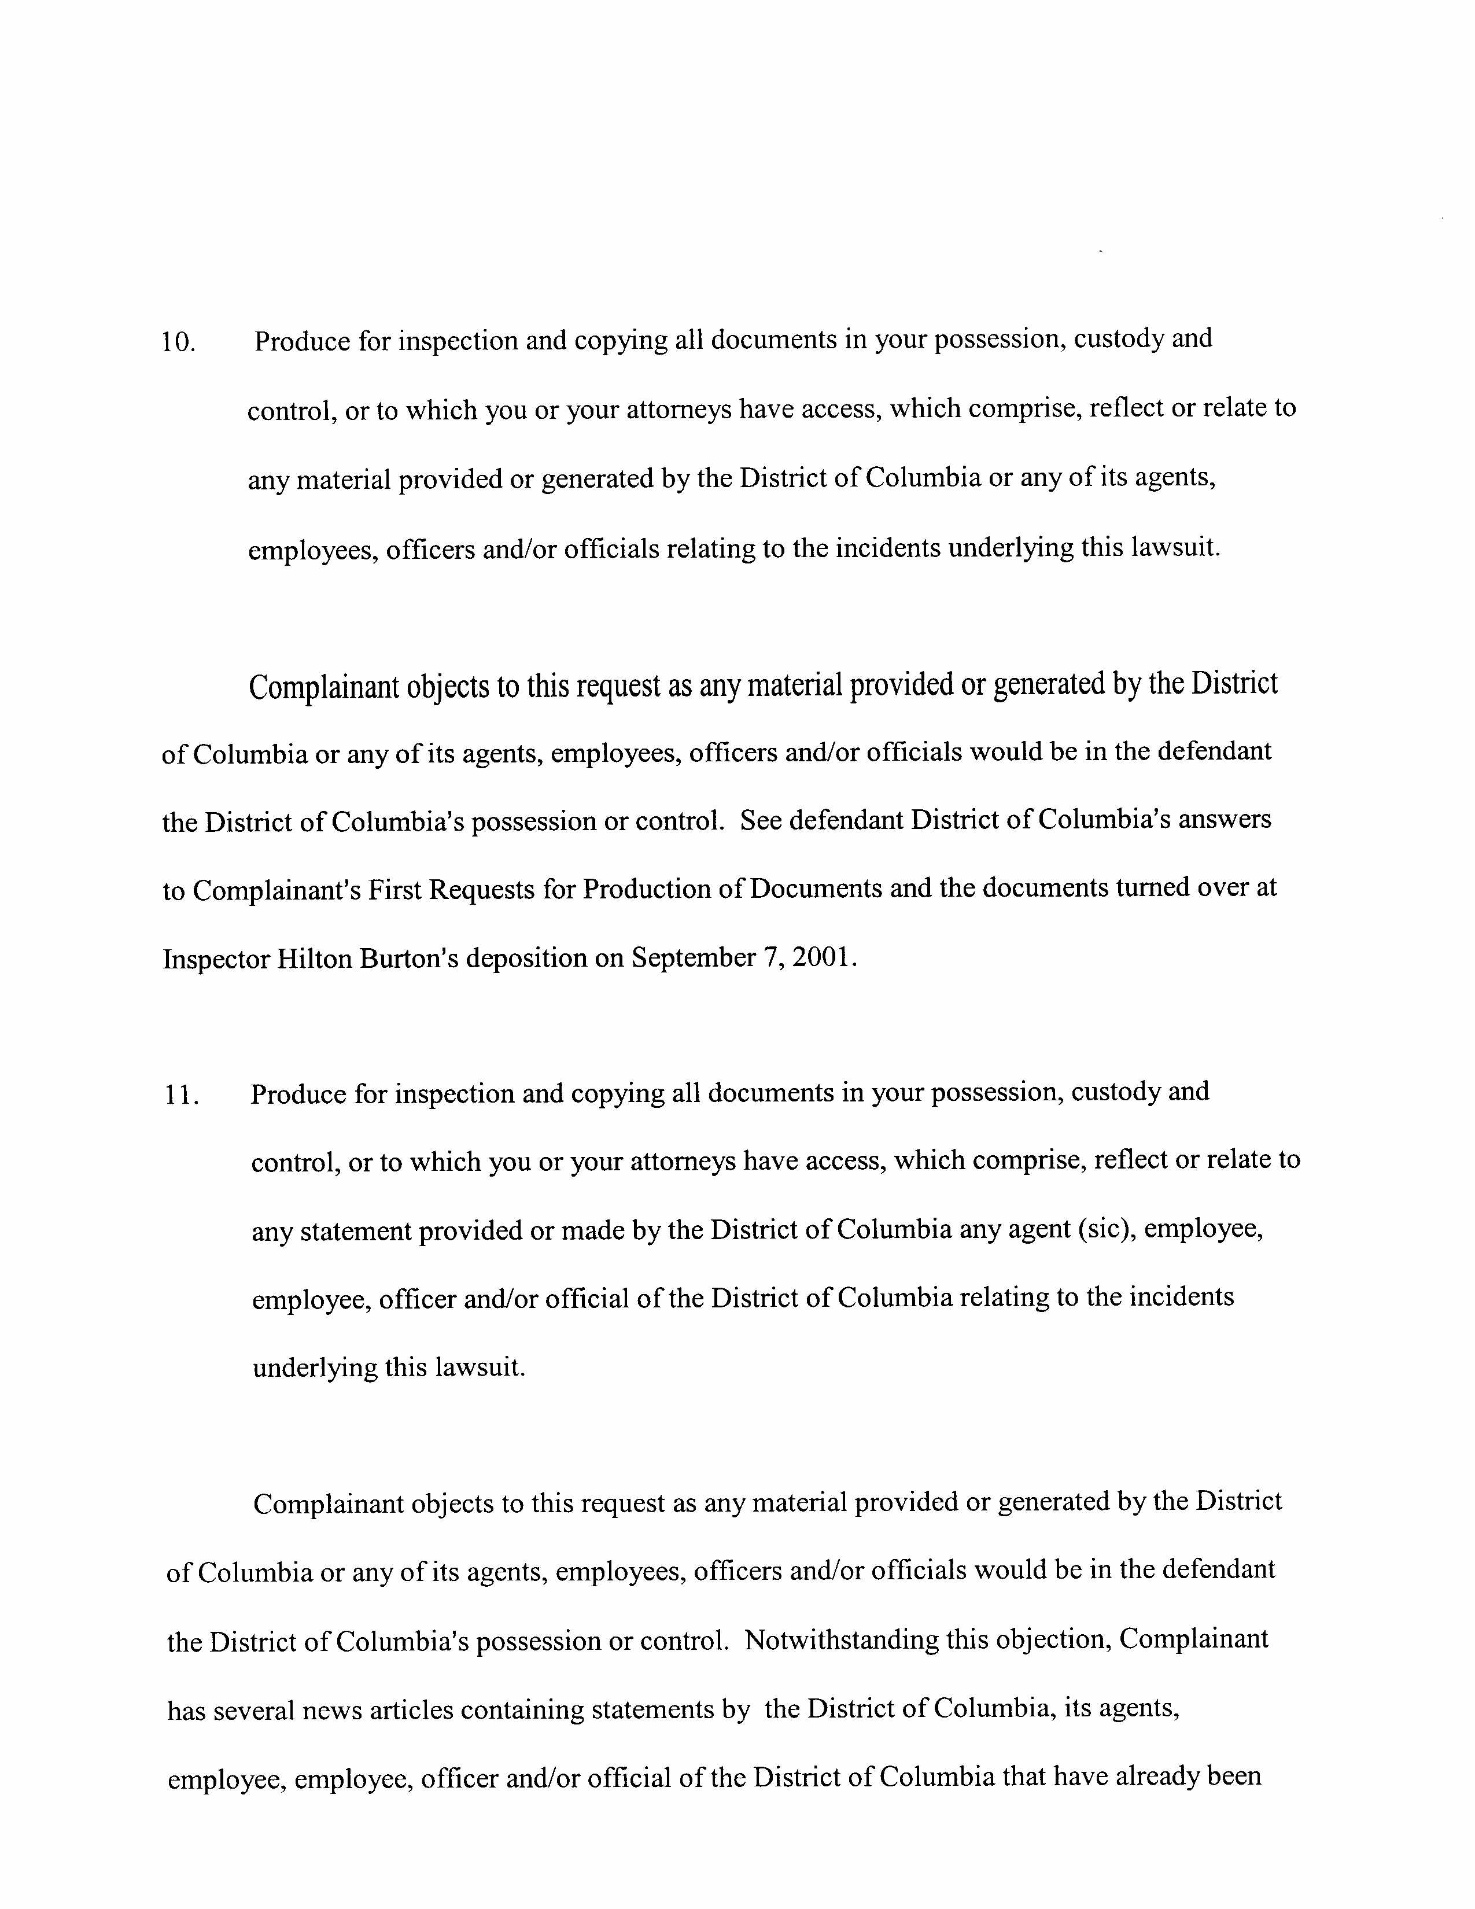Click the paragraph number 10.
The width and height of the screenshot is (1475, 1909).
[x=178, y=342]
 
